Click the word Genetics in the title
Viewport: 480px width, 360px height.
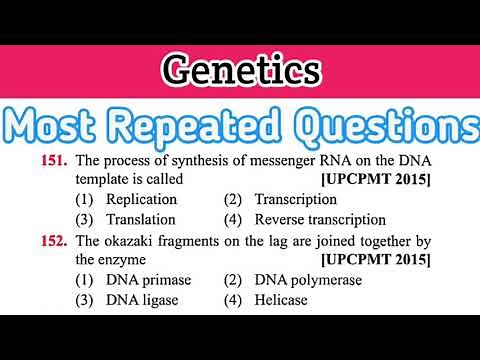240,72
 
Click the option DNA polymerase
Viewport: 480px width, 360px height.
308,280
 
